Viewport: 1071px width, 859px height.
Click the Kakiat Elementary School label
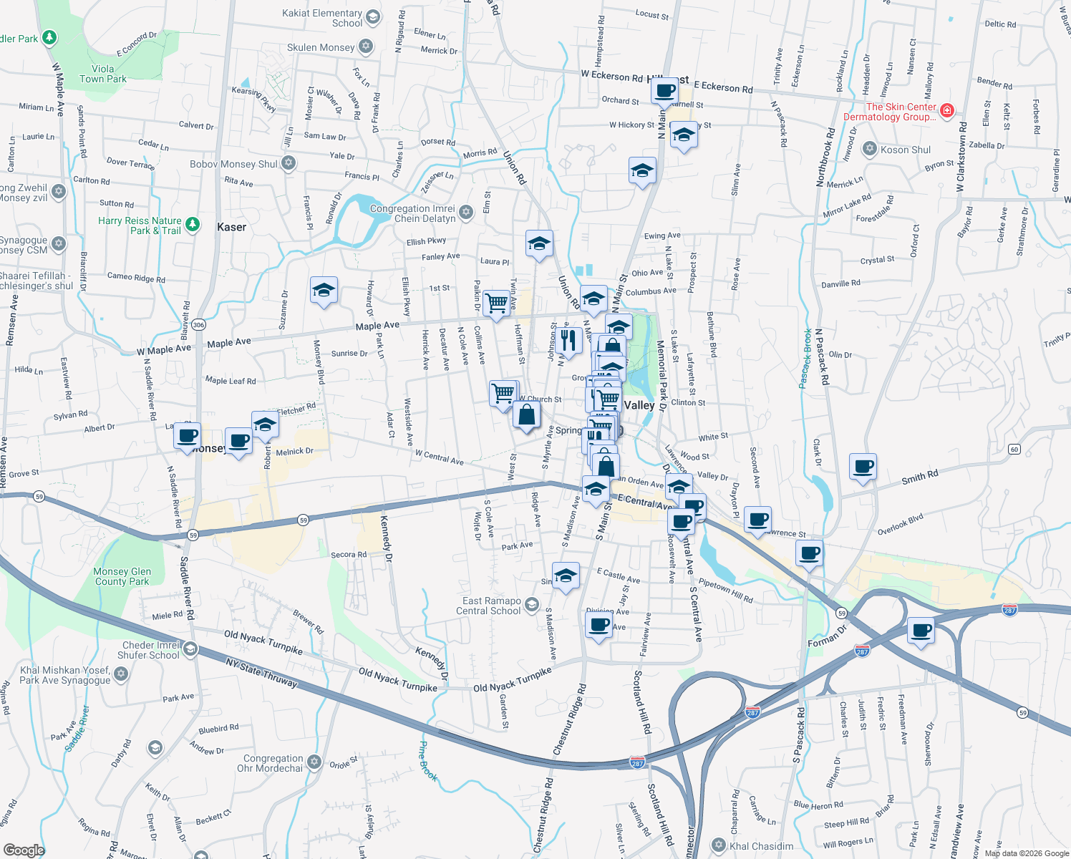pos(322,18)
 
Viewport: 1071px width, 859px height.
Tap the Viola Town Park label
pos(103,74)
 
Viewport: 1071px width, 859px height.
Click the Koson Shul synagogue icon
pos(869,149)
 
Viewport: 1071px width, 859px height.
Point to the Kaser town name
pos(231,227)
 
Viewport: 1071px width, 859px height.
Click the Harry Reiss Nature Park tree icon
pos(192,225)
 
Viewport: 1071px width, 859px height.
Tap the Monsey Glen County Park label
pos(122,576)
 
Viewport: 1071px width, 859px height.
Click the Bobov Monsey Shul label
pos(233,164)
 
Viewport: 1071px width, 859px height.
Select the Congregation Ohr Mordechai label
pos(273,763)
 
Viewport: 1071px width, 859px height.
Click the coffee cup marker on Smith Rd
pos(863,466)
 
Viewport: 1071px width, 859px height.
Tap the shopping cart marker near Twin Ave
pos(496,302)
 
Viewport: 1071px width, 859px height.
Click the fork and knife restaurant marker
pos(568,340)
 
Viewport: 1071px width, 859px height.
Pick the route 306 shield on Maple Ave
pos(198,325)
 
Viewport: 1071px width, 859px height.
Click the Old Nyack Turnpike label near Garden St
pos(512,680)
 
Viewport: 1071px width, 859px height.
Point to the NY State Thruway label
pos(261,673)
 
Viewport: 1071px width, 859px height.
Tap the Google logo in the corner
pos(24,850)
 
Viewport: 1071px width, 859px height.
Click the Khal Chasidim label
pos(761,846)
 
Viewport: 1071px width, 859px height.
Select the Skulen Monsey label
pos(321,47)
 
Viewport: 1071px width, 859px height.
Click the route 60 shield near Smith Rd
pos(1014,449)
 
